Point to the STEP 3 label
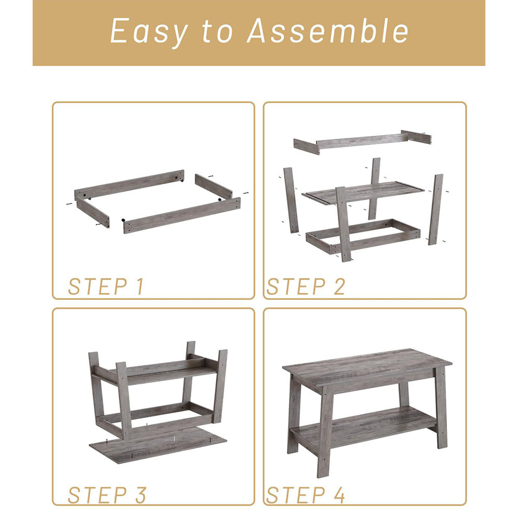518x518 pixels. click(x=107, y=495)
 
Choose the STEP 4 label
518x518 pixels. click(x=306, y=495)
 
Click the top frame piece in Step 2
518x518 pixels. click(x=363, y=141)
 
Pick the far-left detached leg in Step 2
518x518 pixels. click(x=291, y=200)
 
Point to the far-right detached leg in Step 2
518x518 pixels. click(x=436, y=209)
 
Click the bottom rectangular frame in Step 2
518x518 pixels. click(x=363, y=236)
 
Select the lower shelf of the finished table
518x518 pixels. click(x=363, y=427)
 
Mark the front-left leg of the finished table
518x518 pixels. click(x=325, y=431)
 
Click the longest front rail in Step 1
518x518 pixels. click(x=182, y=215)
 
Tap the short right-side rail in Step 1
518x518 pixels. click(x=213, y=186)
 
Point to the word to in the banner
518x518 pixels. click(x=218, y=32)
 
